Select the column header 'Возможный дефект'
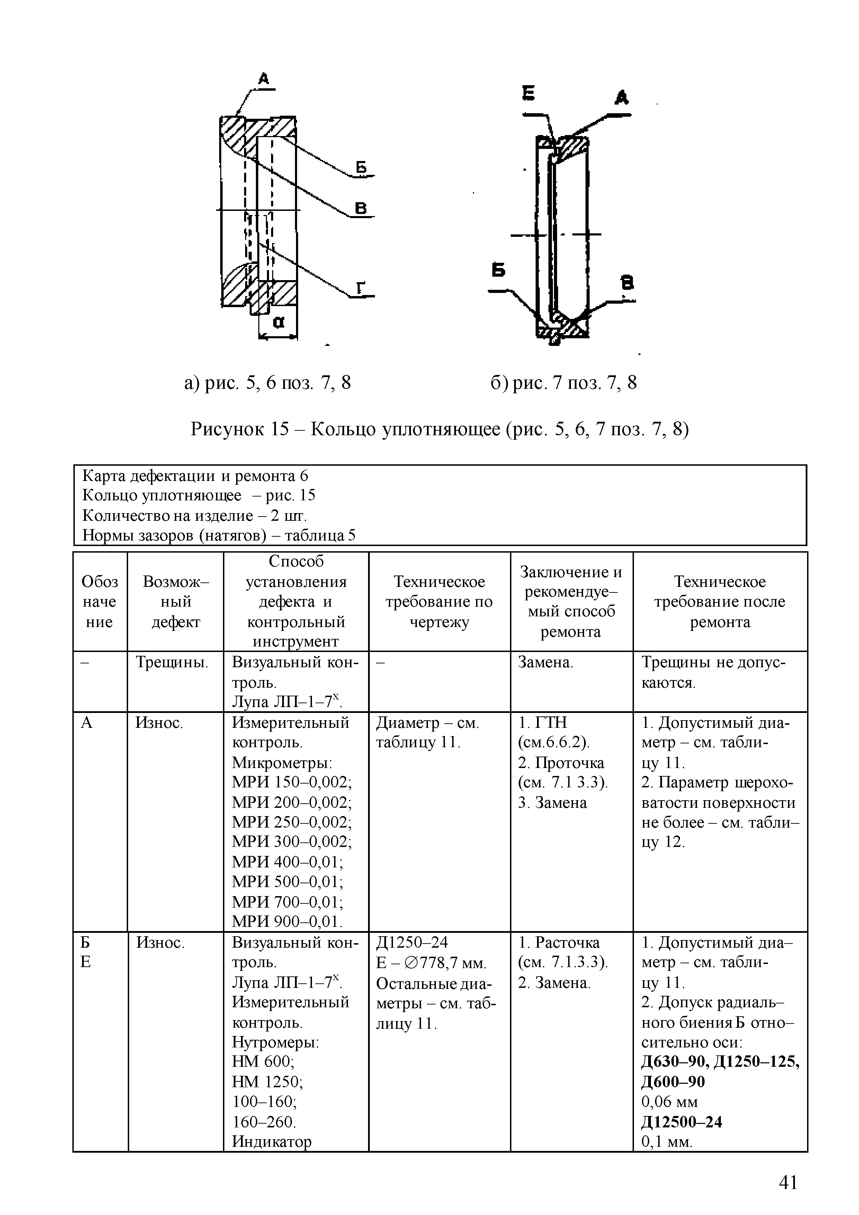[176, 602]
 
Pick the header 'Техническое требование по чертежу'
[439, 602]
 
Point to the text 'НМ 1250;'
[267, 1082]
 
